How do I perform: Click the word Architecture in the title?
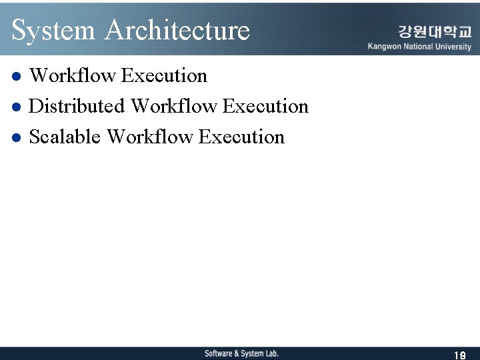[177, 31]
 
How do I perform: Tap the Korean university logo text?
[435, 31]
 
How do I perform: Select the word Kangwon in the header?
[384, 47]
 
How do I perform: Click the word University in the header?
[455, 47]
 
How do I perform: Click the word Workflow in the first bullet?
[73, 76]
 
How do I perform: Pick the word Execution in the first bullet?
[165, 76]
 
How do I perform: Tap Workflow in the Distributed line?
[174, 107]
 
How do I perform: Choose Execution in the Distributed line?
[266, 107]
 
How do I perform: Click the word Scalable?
[65, 137]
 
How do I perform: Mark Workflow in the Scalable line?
[150, 137]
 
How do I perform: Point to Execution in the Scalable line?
[242, 137]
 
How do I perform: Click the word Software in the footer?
[219, 353]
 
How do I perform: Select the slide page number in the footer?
[459, 355]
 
